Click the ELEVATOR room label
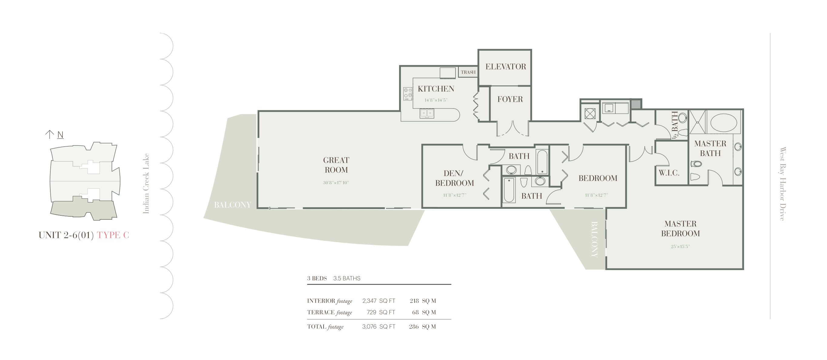point(506,67)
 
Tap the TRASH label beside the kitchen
point(468,72)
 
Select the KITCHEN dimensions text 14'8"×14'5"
point(436,100)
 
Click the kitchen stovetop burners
point(408,94)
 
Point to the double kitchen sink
point(427,113)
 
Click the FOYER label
point(510,99)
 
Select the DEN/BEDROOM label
point(455,178)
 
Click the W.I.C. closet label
point(669,173)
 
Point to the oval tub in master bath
point(724,123)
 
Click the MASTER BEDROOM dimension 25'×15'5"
point(680,246)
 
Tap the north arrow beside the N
point(49,135)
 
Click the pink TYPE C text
point(113,235)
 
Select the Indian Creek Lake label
point(146,184)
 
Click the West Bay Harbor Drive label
point(783,184)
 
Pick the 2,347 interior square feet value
point(369,301)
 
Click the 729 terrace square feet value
point(371,312)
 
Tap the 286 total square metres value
point(414,327)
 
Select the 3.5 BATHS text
point(347,278)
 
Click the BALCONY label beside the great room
point(232,205)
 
